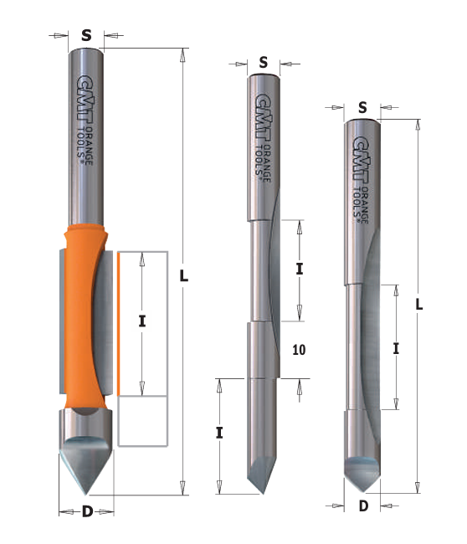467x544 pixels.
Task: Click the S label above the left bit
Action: [86, 35]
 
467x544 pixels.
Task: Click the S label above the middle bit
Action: [264, 63]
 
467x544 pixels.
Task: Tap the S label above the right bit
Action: [362, 108]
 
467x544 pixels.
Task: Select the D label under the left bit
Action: [87, 511]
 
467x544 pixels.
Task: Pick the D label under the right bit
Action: [363, 506]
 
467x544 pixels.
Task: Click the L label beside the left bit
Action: [183, 276]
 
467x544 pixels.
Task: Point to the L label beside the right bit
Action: [419, 305]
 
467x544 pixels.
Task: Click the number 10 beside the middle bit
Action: [299, 350]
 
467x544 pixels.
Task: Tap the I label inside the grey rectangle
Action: [142, 321]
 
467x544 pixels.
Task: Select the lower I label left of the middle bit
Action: [219, 433]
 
